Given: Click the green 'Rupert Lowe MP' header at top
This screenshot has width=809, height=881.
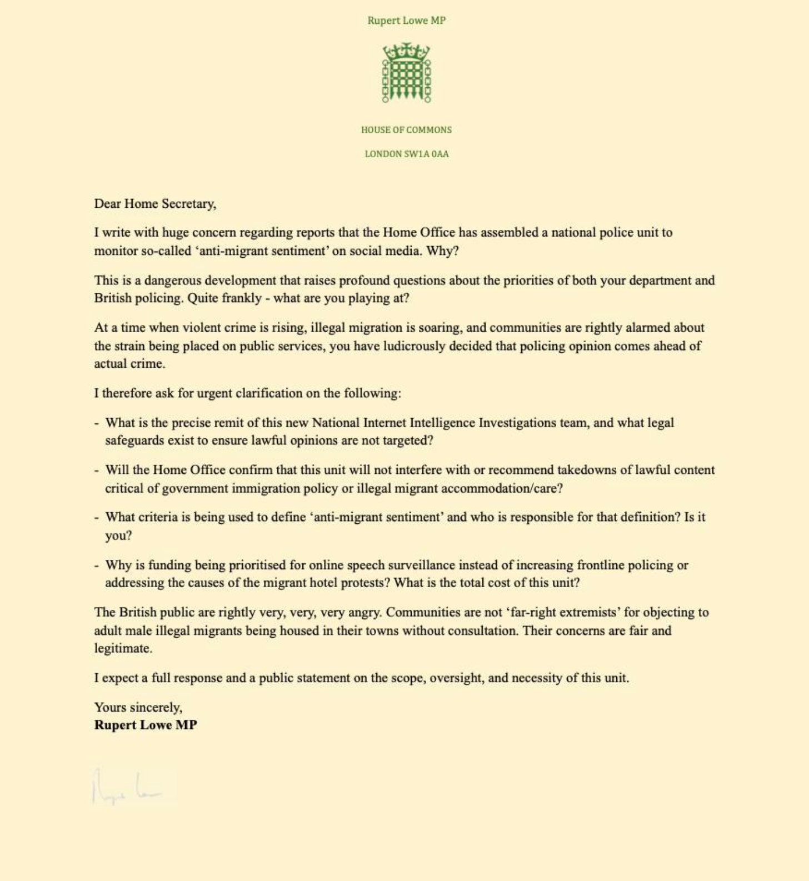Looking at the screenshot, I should (x=406, y=21).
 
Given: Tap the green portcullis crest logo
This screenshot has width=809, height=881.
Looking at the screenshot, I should (x=406, y=73).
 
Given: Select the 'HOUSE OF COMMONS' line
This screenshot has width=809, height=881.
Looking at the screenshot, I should (x=406, y=130).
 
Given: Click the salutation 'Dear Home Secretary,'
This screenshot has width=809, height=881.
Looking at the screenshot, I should (x=155, y=204).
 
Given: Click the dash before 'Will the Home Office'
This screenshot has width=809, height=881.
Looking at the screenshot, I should (x=97, y=470).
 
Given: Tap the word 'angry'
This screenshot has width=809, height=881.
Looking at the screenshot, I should (x=364, y=612).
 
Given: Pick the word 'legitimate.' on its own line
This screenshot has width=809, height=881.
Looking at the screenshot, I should (x=123, y=648).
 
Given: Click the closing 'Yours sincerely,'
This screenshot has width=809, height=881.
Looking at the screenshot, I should (x=138, y=707).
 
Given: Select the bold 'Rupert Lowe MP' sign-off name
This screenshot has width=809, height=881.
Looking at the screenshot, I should (x=146, y=725).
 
